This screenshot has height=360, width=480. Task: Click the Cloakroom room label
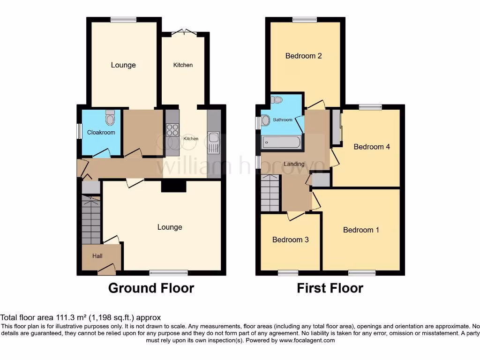101,133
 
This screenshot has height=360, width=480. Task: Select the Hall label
97,256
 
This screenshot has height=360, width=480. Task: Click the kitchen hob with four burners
172,129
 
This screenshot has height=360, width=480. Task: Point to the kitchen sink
213,138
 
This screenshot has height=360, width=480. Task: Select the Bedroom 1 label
361,230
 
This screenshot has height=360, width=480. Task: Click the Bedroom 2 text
304,56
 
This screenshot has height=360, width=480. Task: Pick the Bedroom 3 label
291,240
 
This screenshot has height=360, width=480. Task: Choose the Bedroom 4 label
372,147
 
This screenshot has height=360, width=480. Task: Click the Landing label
294,164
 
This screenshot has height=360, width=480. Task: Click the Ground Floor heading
151,288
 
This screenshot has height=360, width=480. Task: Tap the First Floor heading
330,288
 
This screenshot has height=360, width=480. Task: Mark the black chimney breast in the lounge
174,186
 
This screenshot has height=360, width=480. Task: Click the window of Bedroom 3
288,272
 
